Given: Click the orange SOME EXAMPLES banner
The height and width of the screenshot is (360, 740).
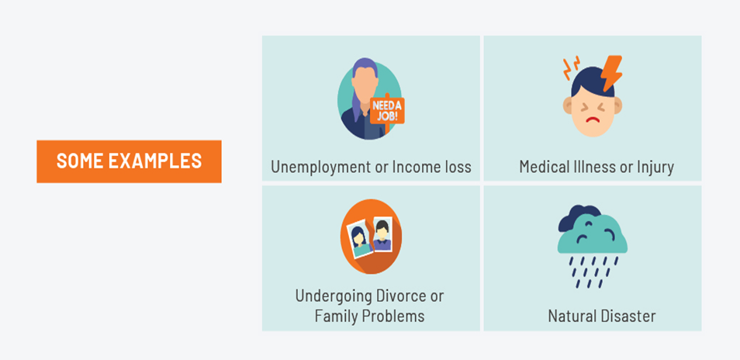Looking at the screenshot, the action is (129, 161).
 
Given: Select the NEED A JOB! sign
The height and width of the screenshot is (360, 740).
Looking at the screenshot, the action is (387, 110).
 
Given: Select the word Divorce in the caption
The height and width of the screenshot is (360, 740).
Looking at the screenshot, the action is (401, 296).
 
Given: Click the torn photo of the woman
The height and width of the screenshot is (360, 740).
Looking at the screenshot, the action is (360, 240).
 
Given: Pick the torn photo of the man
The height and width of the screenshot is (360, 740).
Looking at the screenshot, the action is (382, 234).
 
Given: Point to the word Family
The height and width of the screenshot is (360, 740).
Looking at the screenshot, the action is (334, 317).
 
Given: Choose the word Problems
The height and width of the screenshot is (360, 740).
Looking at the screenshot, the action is (392, 316).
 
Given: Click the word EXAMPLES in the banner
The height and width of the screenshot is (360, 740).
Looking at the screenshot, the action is (155, 161).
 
